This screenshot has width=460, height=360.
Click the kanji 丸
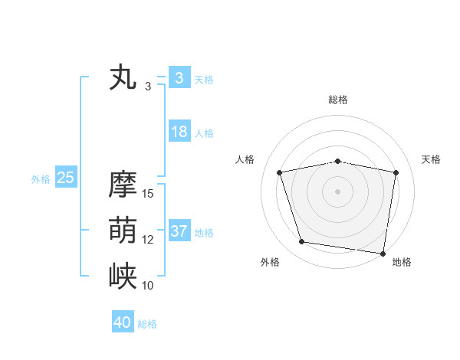[123, 78]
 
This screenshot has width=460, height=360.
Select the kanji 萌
[123, 231]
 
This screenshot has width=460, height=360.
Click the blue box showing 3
[179, 78]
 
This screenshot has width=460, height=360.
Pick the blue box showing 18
[179, 132]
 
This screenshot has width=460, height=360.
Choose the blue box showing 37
[179, 231]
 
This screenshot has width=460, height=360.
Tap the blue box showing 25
[65, 178]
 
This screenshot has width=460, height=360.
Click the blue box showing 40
[123, 322]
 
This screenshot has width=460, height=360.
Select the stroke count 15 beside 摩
[148, 194]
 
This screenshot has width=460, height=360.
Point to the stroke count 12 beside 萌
[148, 240]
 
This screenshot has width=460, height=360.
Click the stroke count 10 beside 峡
[148, 286]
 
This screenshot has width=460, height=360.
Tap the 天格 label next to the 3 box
[204, 80]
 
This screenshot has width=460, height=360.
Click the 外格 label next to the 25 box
[41, 179]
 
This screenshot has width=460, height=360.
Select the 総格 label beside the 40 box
[147, 324]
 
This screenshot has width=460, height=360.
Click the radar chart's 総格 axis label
[338, 100]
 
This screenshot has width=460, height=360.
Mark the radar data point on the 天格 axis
[396, 172]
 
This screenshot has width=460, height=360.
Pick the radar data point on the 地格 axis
[383, 253]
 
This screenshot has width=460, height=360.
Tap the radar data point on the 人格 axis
[280, 172]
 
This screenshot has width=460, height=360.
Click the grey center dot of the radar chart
[338, 191]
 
